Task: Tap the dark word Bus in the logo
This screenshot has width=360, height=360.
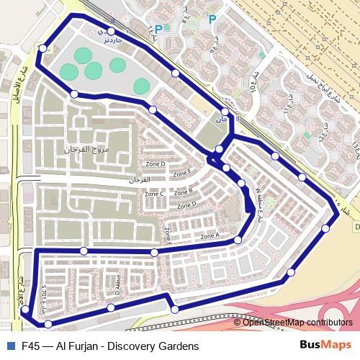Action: click(310, 346)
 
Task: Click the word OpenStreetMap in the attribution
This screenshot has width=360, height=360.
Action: click(274, 323)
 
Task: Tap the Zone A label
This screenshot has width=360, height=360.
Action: click(210, 236)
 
